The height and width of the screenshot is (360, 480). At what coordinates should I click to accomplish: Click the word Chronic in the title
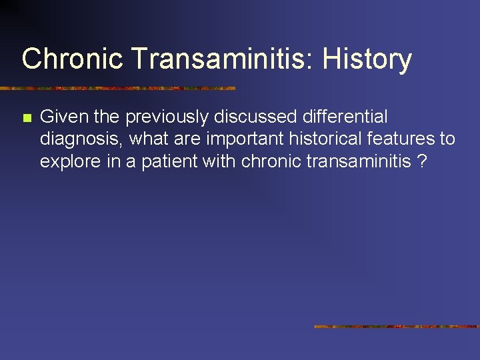point(73,59)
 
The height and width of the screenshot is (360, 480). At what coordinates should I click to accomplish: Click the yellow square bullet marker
point(27,119)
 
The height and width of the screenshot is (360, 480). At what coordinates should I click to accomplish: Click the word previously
point(167,117)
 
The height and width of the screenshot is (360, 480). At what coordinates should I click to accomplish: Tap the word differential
point(347,117)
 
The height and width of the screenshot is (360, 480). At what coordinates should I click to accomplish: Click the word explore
point(67,161)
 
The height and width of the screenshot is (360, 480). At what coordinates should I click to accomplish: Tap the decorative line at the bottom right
point(397,327)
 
